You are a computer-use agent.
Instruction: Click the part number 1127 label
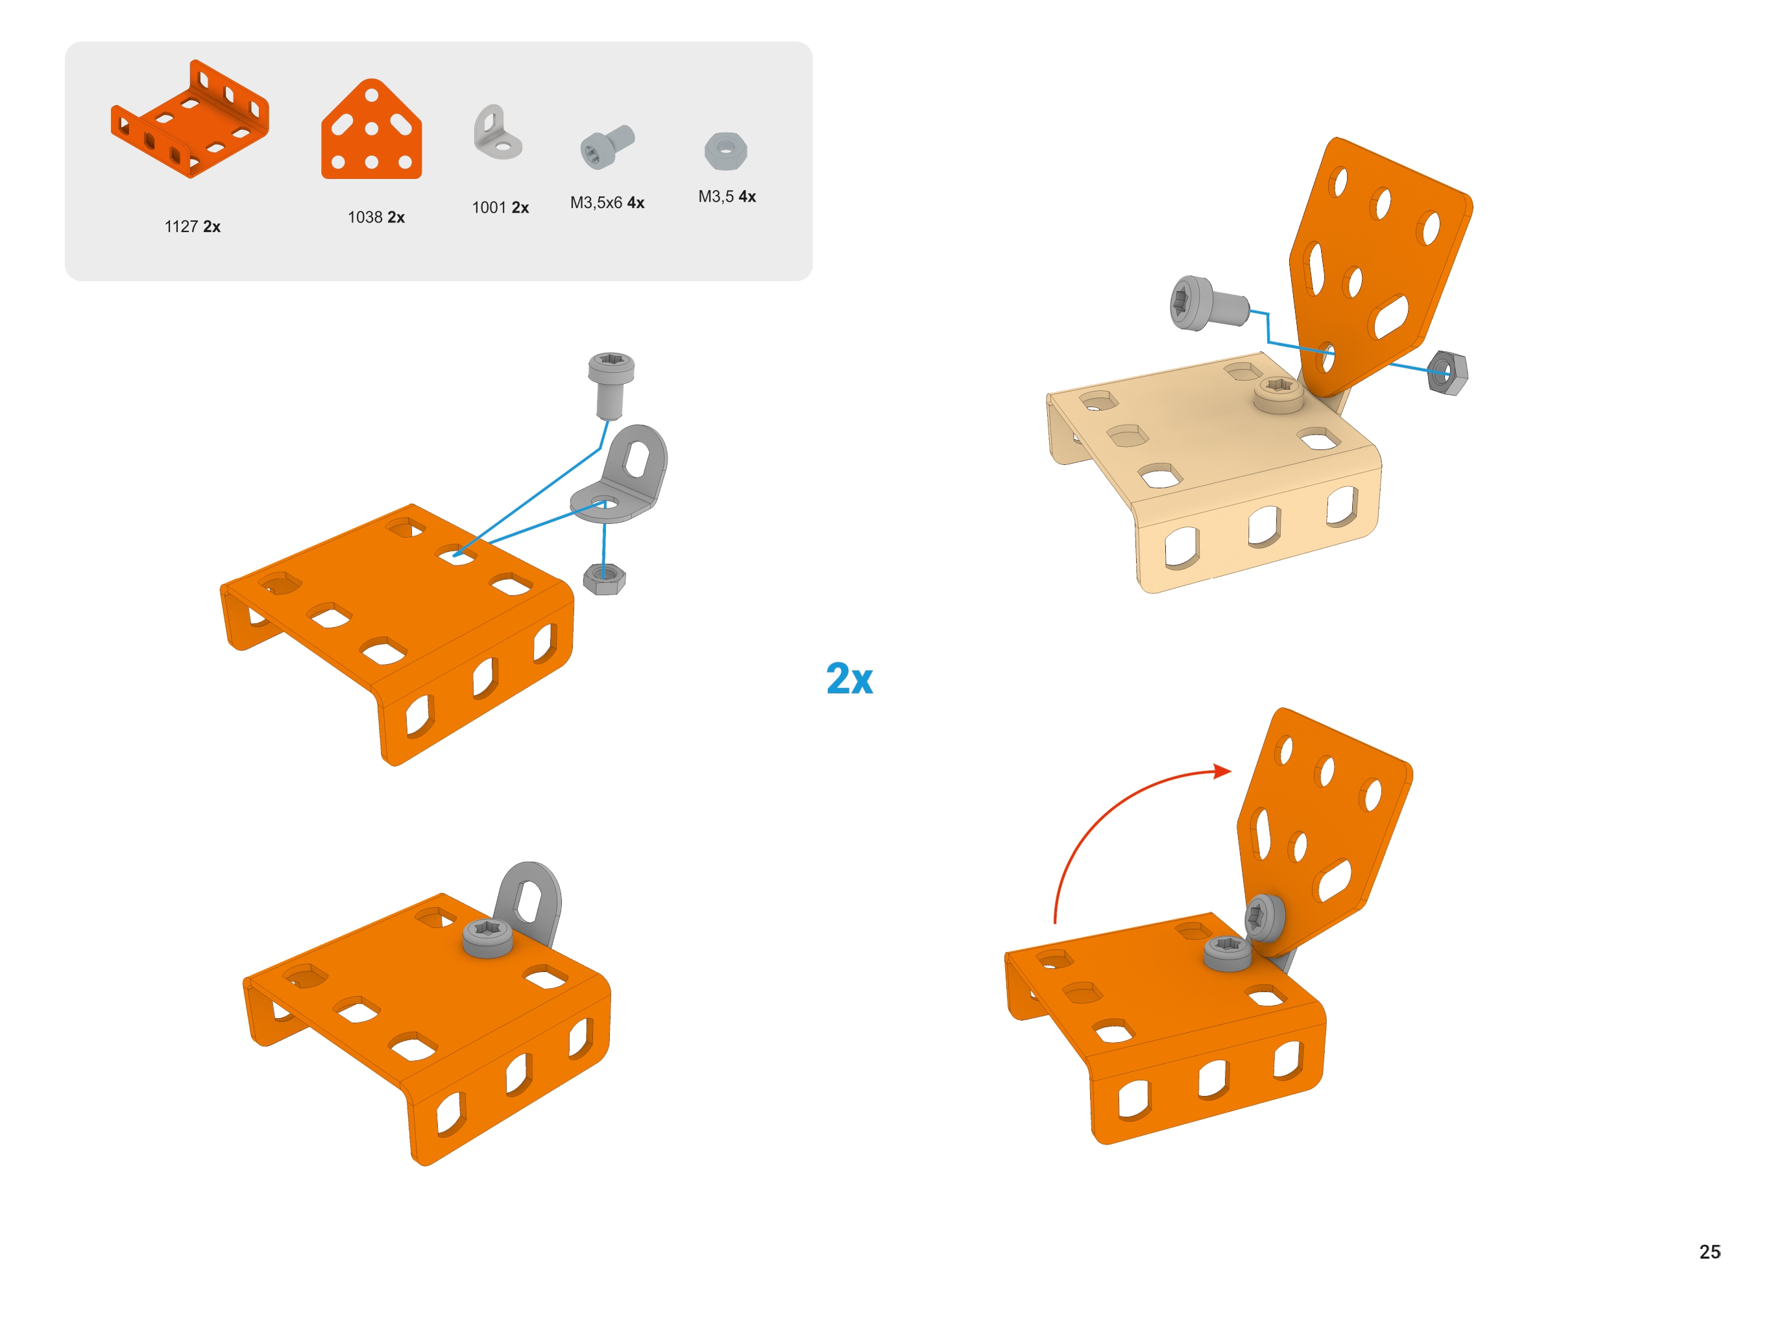[191, 226]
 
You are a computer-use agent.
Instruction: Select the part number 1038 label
[376, 217]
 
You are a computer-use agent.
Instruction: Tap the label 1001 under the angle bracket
[500, 208]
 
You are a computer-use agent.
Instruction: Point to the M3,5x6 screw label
[607, 202]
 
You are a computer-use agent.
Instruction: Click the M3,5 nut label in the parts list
[727, 196]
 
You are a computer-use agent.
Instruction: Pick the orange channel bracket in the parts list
[190, 118]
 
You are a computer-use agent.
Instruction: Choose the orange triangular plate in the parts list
[371, 129]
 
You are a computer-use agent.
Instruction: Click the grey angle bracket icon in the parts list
[497, 132]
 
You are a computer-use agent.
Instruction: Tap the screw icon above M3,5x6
[607, 146]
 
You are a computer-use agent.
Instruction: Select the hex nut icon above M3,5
[726, 150]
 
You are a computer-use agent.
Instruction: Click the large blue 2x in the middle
[849, 678]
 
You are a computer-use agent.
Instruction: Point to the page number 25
[1709, 1252]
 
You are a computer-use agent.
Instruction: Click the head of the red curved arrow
[1222, 771]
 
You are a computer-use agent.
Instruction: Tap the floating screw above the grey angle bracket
[611, 386]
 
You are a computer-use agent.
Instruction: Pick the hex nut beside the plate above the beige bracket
[1447, 372]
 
